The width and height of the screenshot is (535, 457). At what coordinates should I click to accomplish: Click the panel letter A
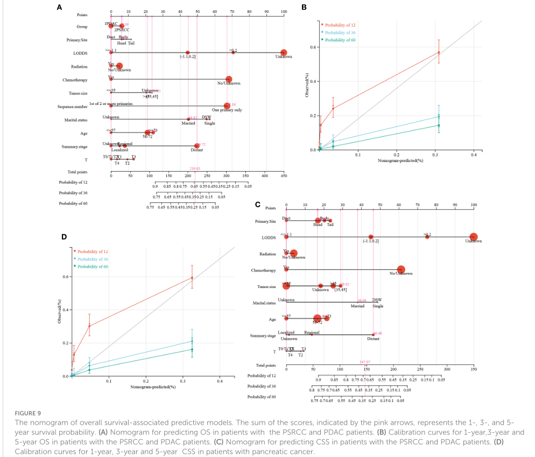click(x=59, y=7)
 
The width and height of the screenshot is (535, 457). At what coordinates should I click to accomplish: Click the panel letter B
click(x=304, y=7)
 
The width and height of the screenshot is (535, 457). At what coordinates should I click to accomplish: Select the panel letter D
click(x=64, y=236)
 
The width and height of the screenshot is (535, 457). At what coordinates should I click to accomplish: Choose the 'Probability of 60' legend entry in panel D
click(x=93, y=266)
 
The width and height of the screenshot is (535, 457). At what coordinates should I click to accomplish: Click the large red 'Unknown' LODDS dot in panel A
click(x=283, y=52)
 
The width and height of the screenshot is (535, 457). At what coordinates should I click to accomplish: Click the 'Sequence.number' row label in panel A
click(x=72, y=107)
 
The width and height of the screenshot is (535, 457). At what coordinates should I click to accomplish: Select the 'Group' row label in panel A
click(x=82, y=26)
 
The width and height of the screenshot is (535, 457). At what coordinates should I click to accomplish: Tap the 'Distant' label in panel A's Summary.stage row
click(x=197, y=150)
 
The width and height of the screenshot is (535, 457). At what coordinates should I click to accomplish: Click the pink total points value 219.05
click(x=195, y=168)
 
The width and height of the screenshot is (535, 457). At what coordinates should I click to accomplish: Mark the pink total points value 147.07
click(x=365, y=362)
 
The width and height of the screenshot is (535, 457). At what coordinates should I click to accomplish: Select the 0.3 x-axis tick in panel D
click(x=182, y=381)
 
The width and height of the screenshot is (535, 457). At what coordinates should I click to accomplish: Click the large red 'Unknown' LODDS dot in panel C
click(x=473, y=237)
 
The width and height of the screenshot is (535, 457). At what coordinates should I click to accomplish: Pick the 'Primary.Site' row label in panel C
click(x=266, y=222)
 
